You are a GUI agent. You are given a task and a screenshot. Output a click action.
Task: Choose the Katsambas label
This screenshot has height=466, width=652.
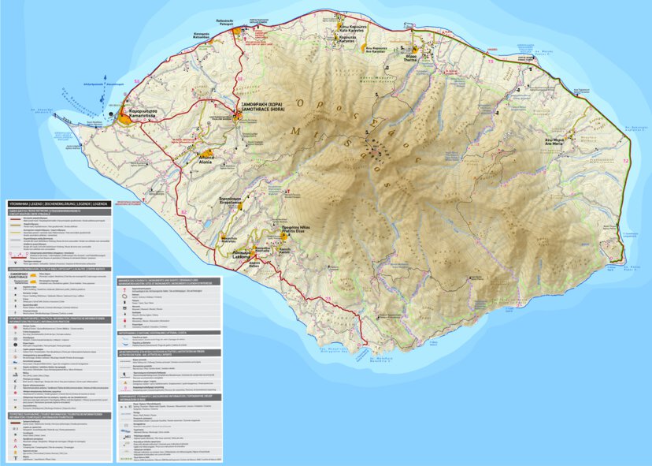201,35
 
